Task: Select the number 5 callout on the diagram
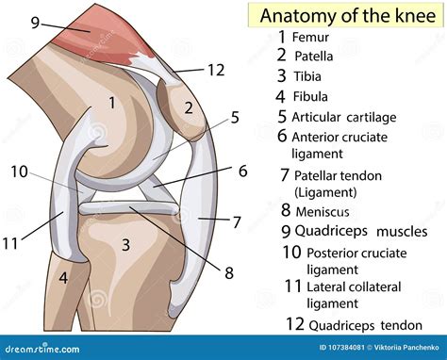click(235, 117)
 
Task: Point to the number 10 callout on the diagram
click(20, 171)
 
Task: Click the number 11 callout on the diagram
click(11, 243)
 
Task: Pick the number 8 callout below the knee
click(228, 273)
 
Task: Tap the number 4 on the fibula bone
click(63, 278)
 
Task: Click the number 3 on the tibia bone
click(124, 246)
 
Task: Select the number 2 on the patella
click(188, 107)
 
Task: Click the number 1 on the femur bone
click(111, 102)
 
